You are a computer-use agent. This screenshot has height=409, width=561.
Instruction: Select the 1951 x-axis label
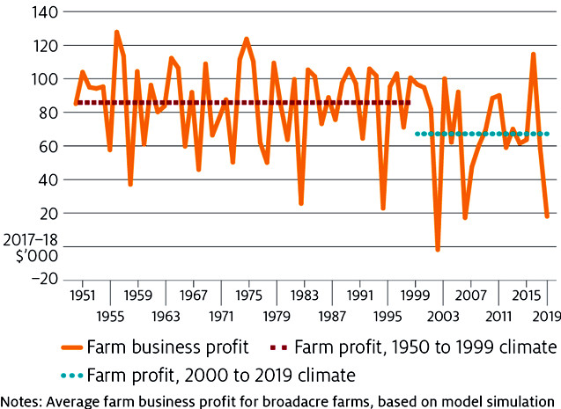(84, 295)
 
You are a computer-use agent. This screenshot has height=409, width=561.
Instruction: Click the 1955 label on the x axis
(111, 315)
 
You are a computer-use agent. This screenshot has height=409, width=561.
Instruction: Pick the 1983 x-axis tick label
(306, 295)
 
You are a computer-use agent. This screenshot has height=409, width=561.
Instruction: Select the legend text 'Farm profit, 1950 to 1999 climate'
(426, 346)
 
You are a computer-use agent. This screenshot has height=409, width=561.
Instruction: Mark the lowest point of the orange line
(438, 251)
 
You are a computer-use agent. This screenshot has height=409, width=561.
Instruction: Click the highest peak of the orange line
(116, 32)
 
